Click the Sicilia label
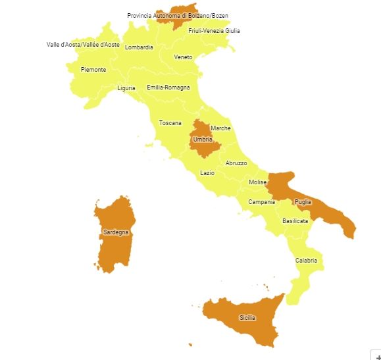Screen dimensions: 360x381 [247, 318]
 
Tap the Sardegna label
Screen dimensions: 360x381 [116, 232]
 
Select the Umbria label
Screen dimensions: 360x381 [203, 140]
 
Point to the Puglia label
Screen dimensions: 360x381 [303, 202]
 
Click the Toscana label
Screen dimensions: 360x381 [170, 123]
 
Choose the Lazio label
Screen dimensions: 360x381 [207, 173]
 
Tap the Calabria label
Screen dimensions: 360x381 [306, 261]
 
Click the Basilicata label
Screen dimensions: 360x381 [295, 221]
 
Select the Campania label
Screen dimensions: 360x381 [261, 202]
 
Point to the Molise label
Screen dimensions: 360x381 [257, 182]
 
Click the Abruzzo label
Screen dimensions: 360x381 [236, 163]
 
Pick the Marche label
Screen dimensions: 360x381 [220, 128]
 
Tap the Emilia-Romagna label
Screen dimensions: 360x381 [168, 88]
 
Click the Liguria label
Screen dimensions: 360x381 [126, 88]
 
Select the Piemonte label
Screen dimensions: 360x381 [93, 70]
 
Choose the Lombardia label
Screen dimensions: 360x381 [139, 47]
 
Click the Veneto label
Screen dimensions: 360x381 [183, 57]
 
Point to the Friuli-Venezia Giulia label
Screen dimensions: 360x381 [214, 30]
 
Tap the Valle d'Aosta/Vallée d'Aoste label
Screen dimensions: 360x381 [83, 45]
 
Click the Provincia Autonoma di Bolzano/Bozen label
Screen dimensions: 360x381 [178, 15]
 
